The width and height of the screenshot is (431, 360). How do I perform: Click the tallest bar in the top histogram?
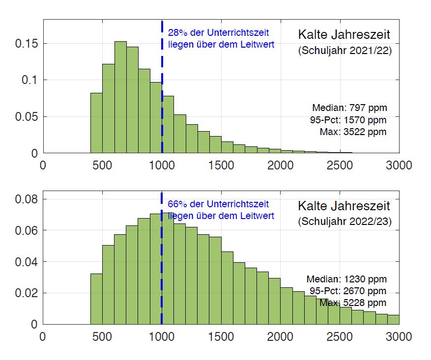point(120,98)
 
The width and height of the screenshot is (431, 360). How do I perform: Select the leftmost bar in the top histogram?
point(96,123)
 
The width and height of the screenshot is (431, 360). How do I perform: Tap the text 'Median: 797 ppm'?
point(349,108)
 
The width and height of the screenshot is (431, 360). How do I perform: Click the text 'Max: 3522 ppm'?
point(353,132)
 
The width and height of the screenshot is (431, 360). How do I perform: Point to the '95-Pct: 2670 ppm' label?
point(348,291)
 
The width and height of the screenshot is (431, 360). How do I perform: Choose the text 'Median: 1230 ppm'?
point(346,279)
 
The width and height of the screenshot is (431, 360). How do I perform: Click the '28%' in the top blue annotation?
point(175,33)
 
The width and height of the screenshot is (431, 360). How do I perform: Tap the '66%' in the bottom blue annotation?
point(175,204)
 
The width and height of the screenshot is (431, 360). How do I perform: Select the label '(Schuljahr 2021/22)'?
point(345,51)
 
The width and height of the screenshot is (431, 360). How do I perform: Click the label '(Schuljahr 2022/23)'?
point(345,222)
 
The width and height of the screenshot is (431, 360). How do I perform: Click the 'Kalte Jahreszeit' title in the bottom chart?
point(344,205)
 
